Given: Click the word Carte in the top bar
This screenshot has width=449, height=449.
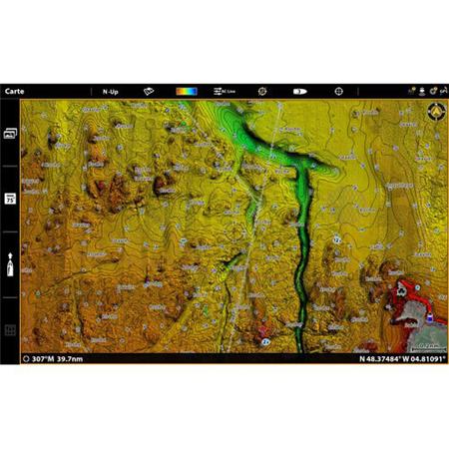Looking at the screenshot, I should pyautogui.click(x=15, y=90).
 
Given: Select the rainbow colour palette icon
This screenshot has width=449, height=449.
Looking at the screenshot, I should pyautogui.click(x=187, y=90).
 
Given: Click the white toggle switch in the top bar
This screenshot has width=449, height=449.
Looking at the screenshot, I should pyautogui.click(x=299, y=90).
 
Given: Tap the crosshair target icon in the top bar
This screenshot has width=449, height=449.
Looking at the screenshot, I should pyautogui.click(x=339, y=90).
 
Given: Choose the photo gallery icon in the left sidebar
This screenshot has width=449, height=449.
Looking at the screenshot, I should pyautogui.click(x=10, y=132).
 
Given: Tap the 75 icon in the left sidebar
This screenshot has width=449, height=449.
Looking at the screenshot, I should pyautogui.click(x=10, y=200).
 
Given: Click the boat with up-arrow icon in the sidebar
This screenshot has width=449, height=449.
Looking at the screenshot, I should pyautogui.click(x=10, y=264).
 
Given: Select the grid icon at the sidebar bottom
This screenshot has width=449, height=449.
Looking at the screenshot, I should pyautogui.click(x=10, y=329).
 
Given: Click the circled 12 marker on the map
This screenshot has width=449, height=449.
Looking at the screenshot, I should pyautogui.click(x=337, y=240).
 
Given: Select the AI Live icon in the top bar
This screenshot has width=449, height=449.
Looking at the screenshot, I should pyautogui.click(x=224, y=90).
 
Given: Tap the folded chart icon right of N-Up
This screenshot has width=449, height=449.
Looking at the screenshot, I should pyautogui.click(x=148, y=90).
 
